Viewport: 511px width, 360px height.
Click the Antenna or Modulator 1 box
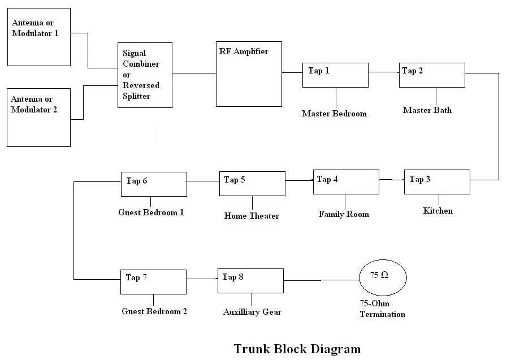pos(39,37)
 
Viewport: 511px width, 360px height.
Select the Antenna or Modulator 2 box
pos(39,117)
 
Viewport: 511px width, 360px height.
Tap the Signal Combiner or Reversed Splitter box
pos(145,75)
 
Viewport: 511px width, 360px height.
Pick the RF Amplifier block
pos(249,73)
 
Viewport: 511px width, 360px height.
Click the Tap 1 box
pos(335,75)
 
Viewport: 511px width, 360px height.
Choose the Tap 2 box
pos(432,75)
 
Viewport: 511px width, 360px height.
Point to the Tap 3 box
pos(437,182)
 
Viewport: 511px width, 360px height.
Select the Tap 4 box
pos(346,182)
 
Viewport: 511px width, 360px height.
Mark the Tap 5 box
pos(252,184)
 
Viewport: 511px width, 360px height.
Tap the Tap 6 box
pos(154,184)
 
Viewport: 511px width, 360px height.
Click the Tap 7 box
pos(153,281)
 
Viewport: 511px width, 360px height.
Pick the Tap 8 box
pos(250,281)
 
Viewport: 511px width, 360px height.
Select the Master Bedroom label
pos(334,114)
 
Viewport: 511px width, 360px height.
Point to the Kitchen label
pos(438,211)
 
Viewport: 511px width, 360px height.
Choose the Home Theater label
pos(252,215)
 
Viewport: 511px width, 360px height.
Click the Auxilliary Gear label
pos(252,312)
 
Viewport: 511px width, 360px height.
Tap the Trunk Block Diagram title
pos(297,348)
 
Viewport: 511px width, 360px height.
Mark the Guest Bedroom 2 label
pos(154,311)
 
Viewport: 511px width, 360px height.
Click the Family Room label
pos(344,214)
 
